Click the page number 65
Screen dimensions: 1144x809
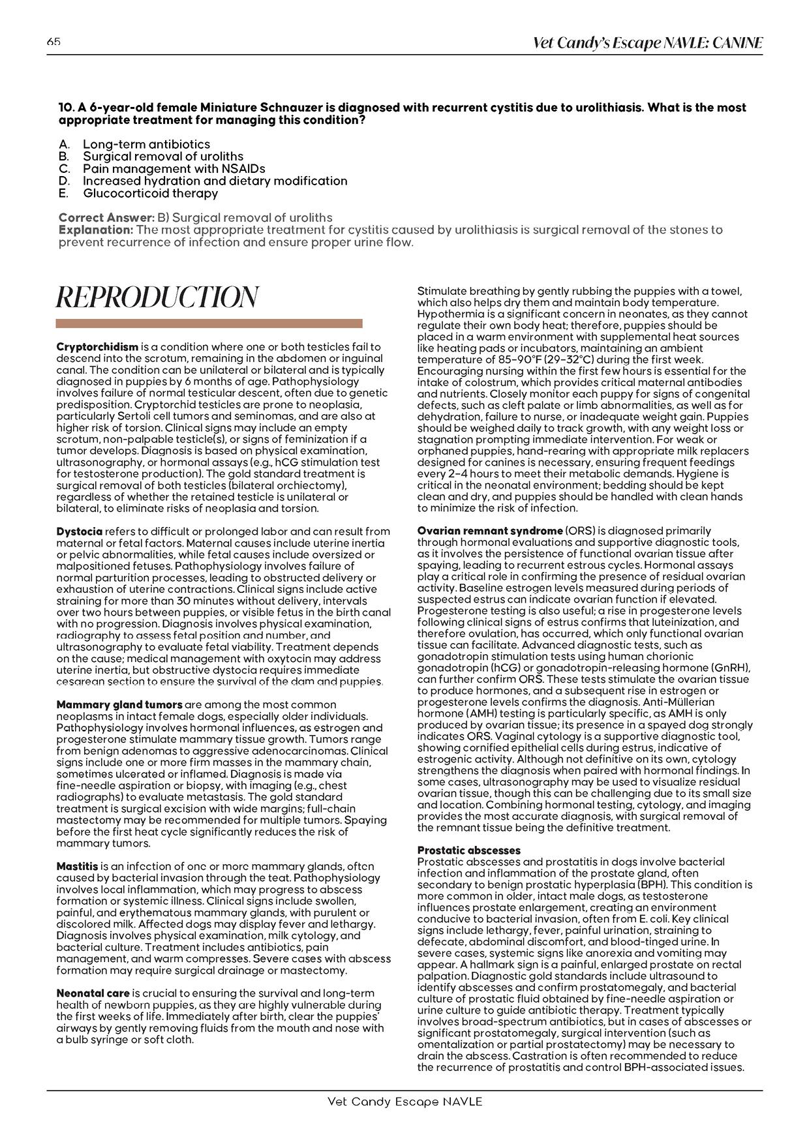pos(53,42)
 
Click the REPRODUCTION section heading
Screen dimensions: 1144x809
pos(157,297)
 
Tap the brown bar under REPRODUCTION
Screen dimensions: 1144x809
pos(209,323)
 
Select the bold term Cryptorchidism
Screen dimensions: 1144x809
pos(97,347)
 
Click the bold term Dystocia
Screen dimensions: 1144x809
pos(79,532)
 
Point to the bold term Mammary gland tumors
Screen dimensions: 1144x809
pos(119,704)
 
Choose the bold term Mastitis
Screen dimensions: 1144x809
pos(77,866)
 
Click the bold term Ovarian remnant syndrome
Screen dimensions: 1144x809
pos(489,531)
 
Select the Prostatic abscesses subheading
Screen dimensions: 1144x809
pos(468,850)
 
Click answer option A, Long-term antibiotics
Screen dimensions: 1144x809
pos(146,144)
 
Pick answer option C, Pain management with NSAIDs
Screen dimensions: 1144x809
pos(174,169)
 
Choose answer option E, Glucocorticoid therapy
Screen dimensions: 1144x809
pos(150,194)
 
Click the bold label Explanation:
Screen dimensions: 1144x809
pos(96,230)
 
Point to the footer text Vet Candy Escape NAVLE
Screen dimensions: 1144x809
pos(404,1102)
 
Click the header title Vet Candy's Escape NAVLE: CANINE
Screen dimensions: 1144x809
pos(647,43)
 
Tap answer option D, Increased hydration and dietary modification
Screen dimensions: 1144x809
pos(215,181)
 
